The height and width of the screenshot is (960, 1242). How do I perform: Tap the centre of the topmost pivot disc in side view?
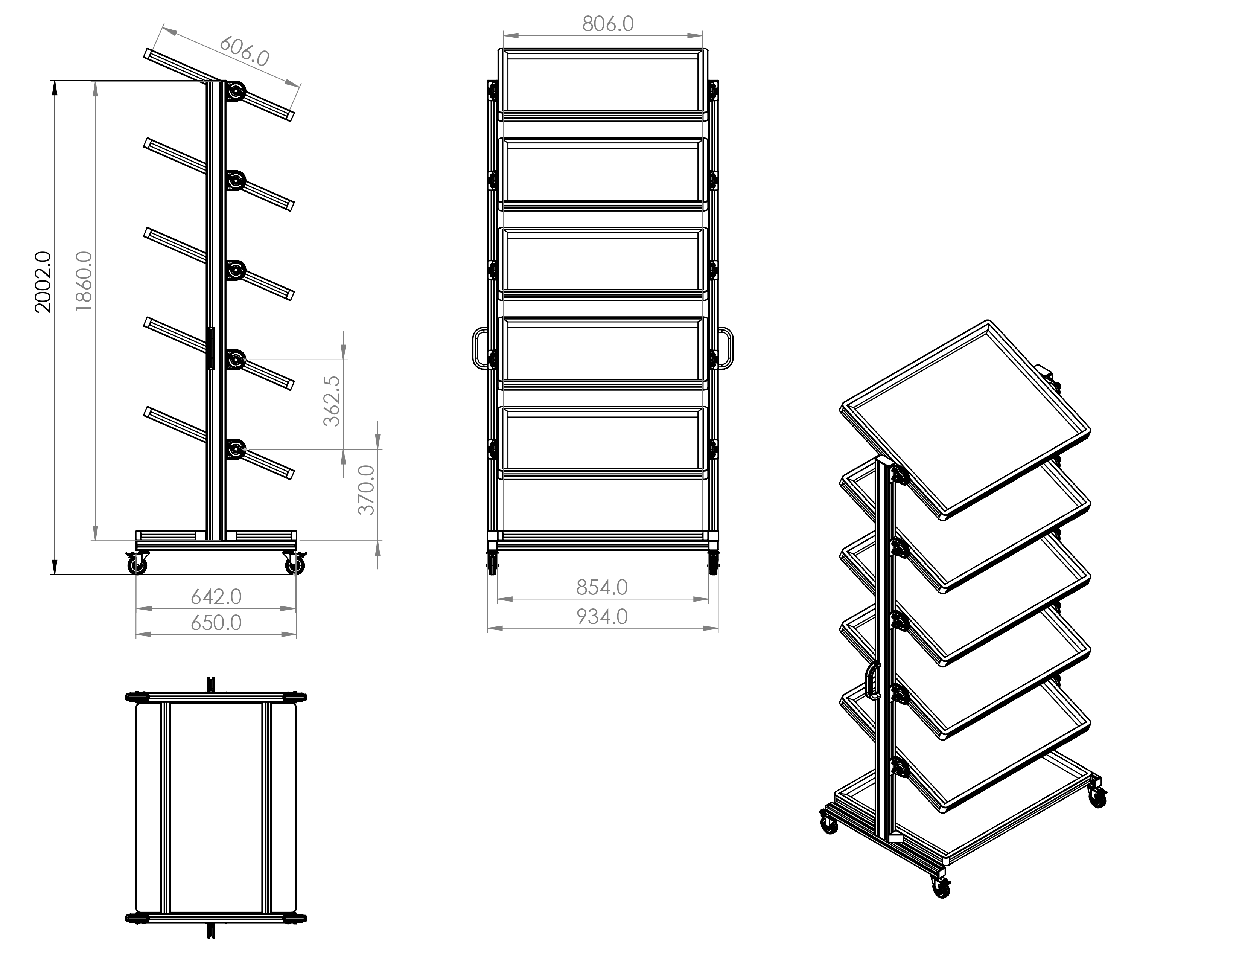(235, 91)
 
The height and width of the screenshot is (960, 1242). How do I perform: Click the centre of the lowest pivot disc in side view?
(235, 449)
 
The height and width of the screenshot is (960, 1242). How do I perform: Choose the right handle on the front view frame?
(726, 348)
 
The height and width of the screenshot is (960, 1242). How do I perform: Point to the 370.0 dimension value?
(367, 490)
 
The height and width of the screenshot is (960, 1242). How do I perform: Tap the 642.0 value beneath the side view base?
(216, 597)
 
